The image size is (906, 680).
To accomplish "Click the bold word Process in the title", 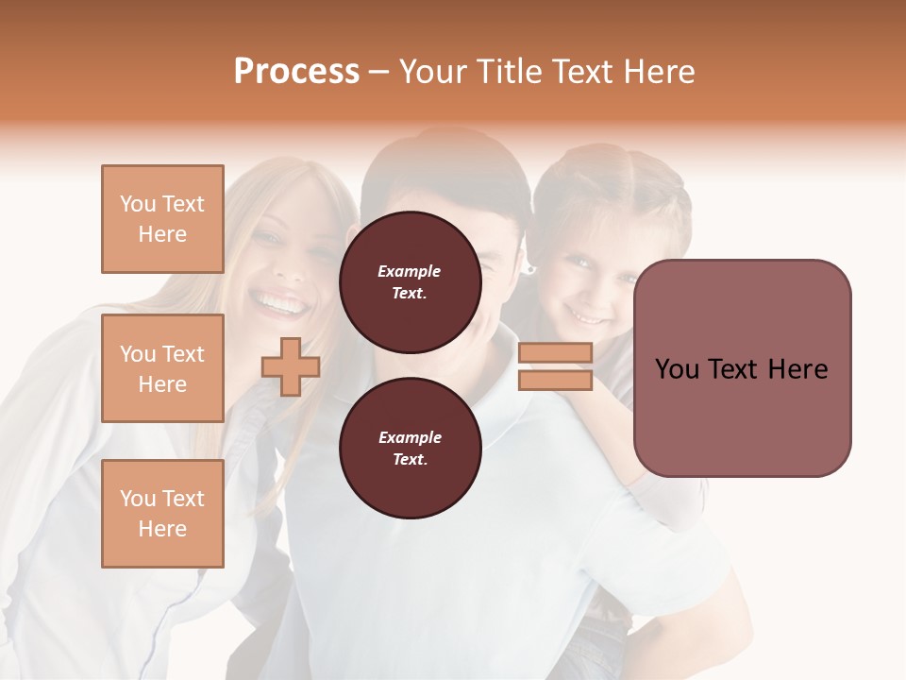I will pos(296,72).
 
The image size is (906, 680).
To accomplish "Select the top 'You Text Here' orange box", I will pos(162,219).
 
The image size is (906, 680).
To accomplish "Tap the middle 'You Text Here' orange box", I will pos(162,368).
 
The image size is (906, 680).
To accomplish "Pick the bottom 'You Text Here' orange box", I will pos(162,514).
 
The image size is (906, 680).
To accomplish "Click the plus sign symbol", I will pos(291,366).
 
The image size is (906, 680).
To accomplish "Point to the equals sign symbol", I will pos(555,366).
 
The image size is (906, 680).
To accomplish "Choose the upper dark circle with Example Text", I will pos(410,282).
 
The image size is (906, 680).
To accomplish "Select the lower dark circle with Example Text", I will pos(410,449).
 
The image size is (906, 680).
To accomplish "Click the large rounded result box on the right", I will pos(742,368).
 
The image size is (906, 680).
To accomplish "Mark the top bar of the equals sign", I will pos(555,352).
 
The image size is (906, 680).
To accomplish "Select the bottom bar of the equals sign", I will pos(555,381).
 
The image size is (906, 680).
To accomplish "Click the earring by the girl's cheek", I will pos(530,270).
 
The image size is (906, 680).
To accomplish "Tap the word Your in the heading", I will pos(433,72).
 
